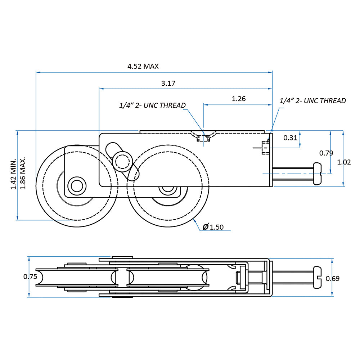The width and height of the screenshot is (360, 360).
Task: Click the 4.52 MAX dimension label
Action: click(x=143, y=66)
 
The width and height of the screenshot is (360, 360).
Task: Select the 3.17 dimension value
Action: click(x=168, y=84)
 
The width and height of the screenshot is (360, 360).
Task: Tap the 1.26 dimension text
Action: click(x=239, y=99)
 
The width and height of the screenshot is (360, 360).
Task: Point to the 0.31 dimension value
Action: click(x=291, y=138)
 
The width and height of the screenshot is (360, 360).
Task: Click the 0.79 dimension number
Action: click(x=326, y=153)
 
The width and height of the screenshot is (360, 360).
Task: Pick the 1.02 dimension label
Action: click(x=344, y=162)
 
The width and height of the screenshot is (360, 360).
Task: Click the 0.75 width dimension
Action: click(x=30, y=277)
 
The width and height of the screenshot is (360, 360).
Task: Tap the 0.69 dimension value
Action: click(x=332, y=278)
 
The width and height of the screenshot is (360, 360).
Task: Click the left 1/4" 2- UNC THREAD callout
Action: click(x=153, y=105)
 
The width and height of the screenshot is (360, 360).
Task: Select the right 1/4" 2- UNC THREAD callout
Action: click(x=313, y=101)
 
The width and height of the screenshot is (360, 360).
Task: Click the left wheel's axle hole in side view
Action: click(x=76, y=186)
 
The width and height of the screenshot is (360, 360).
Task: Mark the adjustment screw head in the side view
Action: click(x=318, y=173)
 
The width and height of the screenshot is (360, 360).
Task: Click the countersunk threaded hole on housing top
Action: click(x=204, y=137)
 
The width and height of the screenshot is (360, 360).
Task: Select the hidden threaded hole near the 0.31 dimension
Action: click(x=265, y=148)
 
